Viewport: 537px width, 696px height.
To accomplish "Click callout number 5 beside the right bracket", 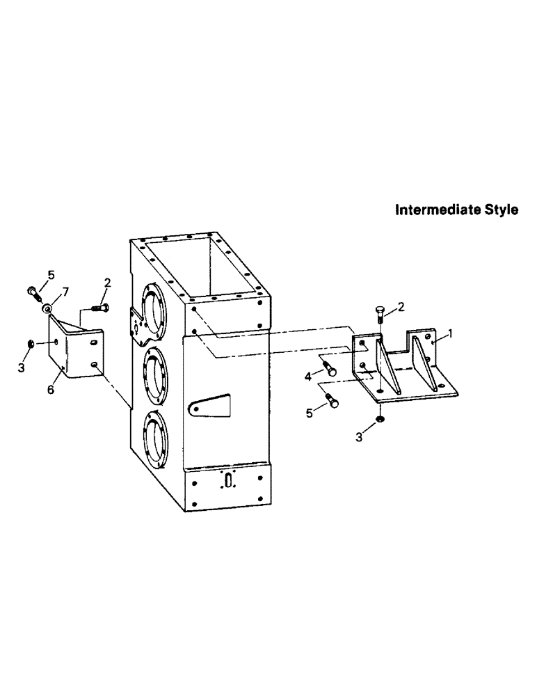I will coord(310,413).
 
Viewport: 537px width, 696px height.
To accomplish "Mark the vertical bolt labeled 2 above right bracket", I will coord(380,315).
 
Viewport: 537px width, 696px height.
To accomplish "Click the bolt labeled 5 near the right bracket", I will coord(331,401).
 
